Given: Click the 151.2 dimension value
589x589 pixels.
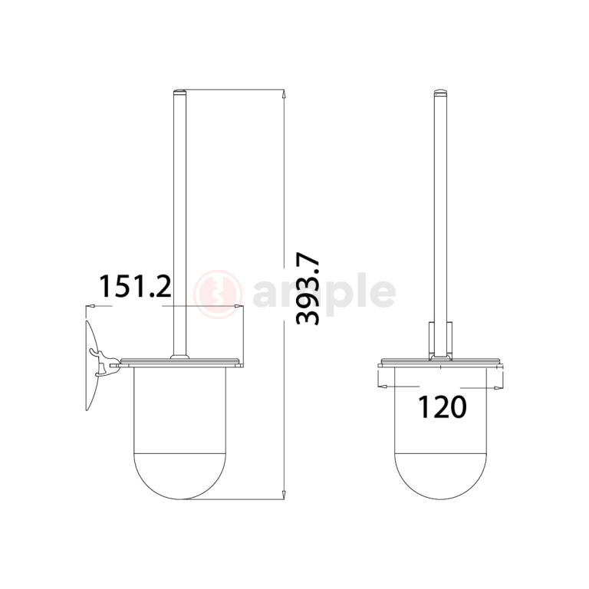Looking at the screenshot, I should pyautogui.click(x=134, y=287).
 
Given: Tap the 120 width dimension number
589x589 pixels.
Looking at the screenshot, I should pyautogui.click(x=441, y=406).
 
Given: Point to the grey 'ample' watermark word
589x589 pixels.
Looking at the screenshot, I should pyautogui.click(x=322, y=294).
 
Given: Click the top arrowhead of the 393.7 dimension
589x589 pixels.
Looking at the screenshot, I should pyautogui.click(x=285, y=95).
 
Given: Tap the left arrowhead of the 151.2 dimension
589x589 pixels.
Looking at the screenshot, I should pyautogui.click(x=89, y=308).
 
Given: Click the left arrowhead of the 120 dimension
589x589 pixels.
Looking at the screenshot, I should pyautogui.click(x=382, y=387).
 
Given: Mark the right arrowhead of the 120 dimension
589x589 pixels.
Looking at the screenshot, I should pyautogui.click(x=500, y=387).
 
